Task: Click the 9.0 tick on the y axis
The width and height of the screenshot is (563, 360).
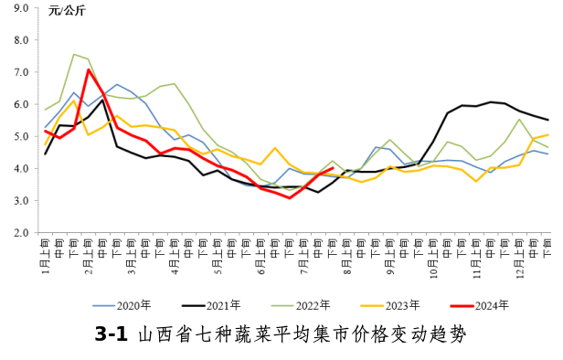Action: point(21,8)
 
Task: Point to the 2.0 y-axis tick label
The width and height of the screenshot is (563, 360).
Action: point(21,233)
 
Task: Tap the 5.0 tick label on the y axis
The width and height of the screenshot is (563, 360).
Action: point(21,137)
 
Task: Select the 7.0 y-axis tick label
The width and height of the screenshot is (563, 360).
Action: point(21,72)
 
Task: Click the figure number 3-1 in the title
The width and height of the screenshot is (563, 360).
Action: point(111,334)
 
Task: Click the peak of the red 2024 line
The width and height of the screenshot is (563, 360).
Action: point(89,69)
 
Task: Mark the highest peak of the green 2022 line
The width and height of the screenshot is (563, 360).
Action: point(74,54)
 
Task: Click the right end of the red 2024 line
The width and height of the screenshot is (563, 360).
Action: point(332,168)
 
